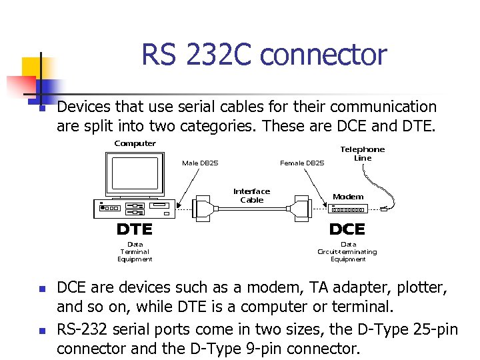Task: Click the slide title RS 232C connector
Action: [263, 55]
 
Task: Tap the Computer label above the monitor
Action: [135, 143]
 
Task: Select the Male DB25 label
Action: [200, 162]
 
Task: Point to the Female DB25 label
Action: [302, 162]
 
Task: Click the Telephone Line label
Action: [363, 153]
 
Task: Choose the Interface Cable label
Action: [251, 195]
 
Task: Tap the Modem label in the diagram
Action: [348, 197]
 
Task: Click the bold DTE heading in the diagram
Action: [135, 229]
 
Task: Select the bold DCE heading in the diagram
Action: [347, 229]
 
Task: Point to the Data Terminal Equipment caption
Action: [135, 251]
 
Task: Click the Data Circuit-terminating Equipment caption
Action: [347, 251]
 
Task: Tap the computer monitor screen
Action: [135, 173]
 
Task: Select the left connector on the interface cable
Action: [204, 208]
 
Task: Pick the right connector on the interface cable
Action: [301, 208]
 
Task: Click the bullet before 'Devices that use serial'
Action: [41, 108]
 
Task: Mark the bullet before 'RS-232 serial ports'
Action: [41, 331]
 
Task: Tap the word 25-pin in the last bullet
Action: [435, 329]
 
